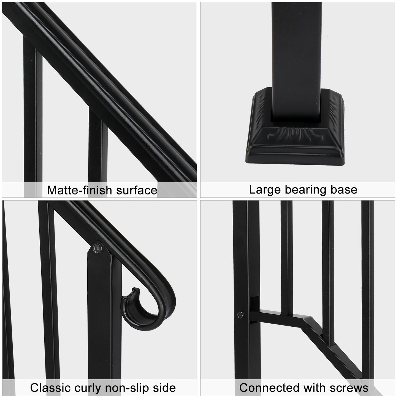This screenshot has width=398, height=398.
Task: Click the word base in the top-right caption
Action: [x=345, y=190]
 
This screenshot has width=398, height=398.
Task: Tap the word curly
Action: [x=87, y=388]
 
